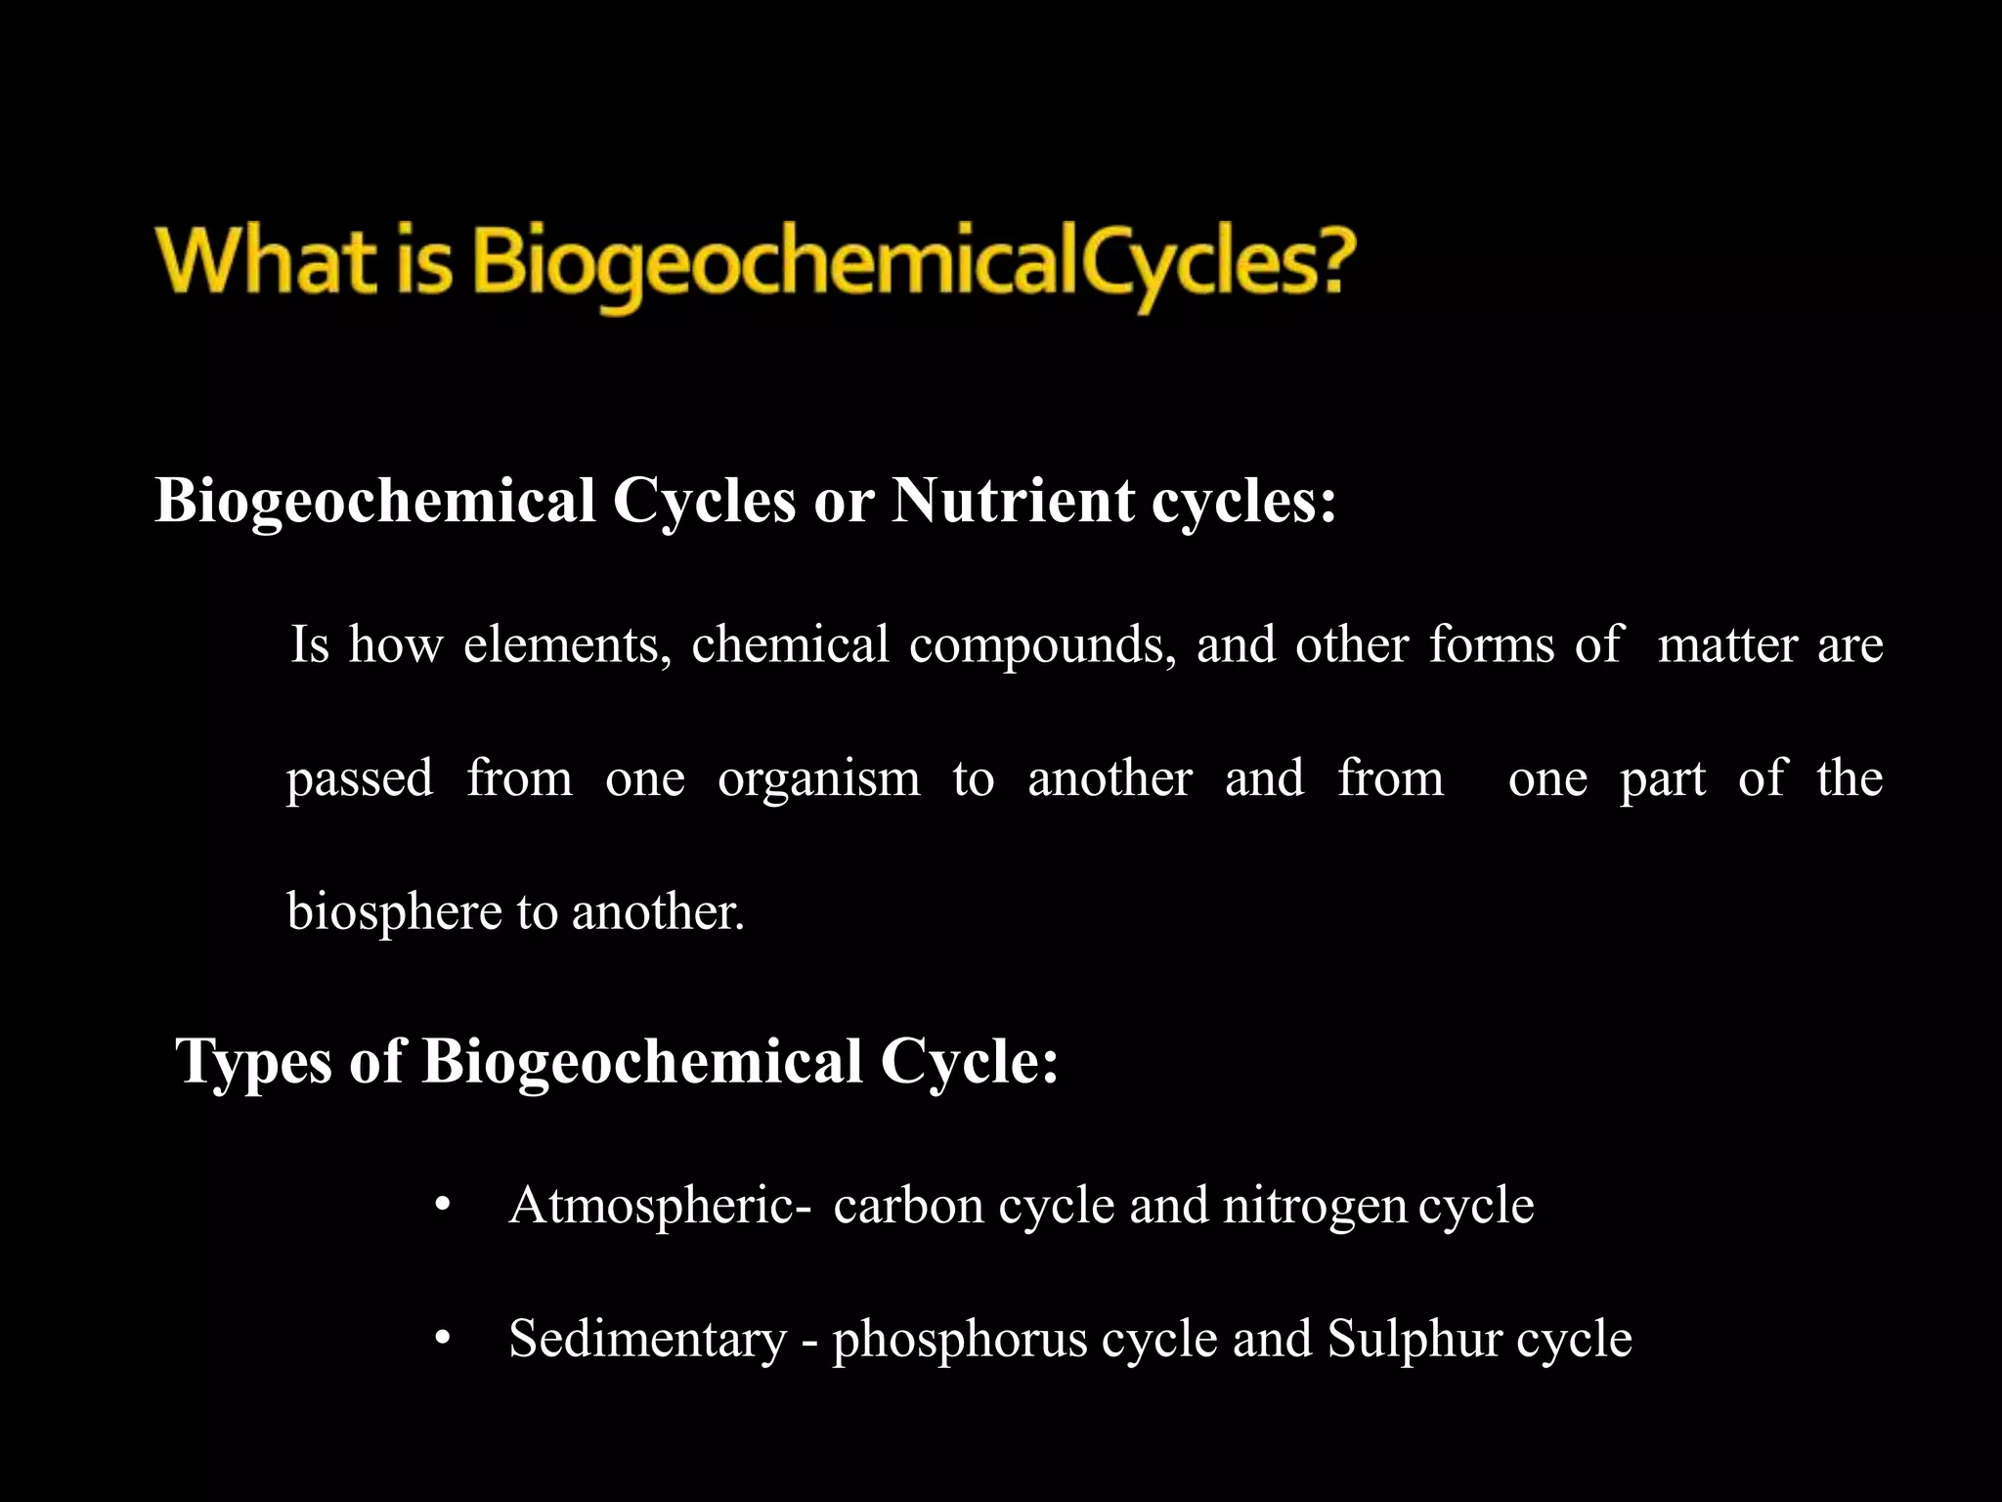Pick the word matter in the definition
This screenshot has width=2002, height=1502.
pos(1727,645)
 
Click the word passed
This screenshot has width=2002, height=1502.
pos(360,779)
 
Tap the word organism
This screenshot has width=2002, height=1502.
pos(818,780)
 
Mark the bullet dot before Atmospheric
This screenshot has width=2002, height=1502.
pos(443,1206)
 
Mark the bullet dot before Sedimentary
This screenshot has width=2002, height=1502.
pos(443,1339)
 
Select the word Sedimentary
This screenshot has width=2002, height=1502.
pos(647,1340)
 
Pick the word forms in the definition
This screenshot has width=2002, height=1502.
pos(1492,645)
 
